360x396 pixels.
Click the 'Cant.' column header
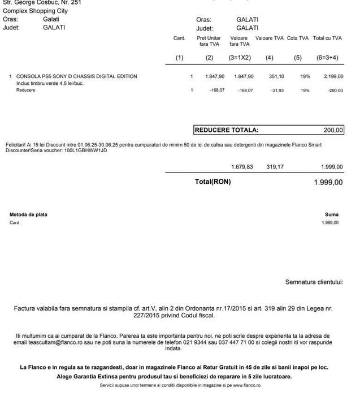tap(179, 38)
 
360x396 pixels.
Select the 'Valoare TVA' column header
tap(270, 38)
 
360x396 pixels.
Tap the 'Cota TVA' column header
tap(297, 38)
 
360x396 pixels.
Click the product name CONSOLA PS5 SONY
tap(77, 76)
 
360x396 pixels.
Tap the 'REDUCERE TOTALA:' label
tap(227, 130)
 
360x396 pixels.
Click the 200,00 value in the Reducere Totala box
tap(333, 130)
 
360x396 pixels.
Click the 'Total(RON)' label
tap(212, 182)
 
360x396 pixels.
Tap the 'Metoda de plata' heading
tap(29, 214)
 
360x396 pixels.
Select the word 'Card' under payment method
tap(15, 222)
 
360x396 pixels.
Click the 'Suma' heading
tap(332, 214)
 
